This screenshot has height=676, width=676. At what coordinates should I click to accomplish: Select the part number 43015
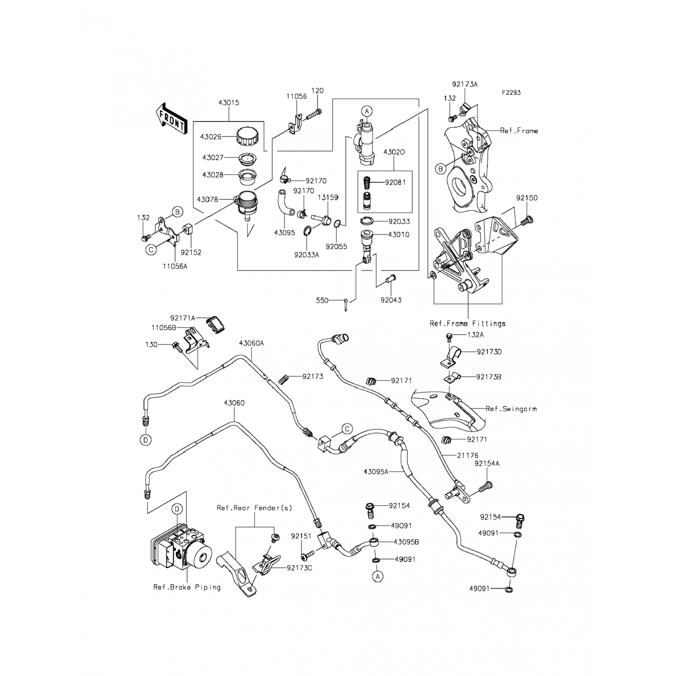pos(228,103)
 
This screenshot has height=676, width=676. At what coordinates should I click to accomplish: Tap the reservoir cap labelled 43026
pos(247,136)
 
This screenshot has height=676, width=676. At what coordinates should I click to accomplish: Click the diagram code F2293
pos(512,93)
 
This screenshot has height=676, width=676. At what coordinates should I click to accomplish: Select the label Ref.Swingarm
pos(511,409)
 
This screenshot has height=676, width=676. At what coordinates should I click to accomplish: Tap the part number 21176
pos(467,456)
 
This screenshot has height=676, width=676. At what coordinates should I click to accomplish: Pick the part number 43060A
pos(251,343)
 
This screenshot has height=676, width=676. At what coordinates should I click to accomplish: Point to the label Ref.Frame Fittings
pos(467,324)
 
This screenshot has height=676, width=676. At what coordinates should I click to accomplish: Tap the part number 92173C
pos(299,568)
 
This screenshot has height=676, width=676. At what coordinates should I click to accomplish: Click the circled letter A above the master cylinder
pos(367,111)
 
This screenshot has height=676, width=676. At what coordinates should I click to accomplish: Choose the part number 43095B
pos(406,542)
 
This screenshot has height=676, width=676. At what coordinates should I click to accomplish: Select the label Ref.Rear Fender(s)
pos(254,508)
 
